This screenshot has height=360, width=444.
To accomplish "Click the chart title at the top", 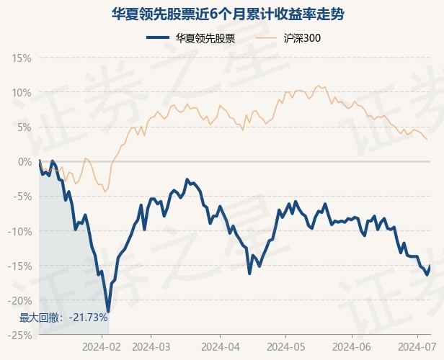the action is [x=228, y=14].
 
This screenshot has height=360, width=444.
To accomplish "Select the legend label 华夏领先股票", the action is [x=205, y=38].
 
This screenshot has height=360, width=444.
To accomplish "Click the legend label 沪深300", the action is [x=302, y=38].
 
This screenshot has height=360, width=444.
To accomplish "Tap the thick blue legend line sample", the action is [x=158, y=37].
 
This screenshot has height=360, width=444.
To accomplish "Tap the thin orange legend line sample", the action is [x=266, y=37].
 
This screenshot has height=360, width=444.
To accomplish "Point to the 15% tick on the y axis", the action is [x=22, y=58].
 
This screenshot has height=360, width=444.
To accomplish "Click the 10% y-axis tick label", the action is [x=22, y=93].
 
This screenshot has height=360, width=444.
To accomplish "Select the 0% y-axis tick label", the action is [x=25, y=162].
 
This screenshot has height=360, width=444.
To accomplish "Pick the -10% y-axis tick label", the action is [x=19, y=231].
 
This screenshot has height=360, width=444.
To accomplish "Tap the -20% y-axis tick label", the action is [x=19, y=301].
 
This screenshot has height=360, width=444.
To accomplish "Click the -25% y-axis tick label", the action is [x=19, y=336].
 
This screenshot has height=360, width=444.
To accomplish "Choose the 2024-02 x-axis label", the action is [x=102, y=347].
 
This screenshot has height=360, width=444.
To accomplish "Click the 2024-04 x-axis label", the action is [x=221, y=347].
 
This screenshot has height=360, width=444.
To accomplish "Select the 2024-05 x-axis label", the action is [x=285, y=347].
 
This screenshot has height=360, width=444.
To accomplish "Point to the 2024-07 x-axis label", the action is [x=417, y=347].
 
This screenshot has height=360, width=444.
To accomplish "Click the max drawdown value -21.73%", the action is [x=89, y=318].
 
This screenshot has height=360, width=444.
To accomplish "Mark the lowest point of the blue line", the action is [x=108, y=311].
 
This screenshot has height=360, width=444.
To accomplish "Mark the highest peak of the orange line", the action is [x=319, y=86].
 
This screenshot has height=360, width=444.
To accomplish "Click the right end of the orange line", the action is [x=427, y=139].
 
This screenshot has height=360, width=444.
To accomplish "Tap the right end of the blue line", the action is [x=430, y=265].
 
